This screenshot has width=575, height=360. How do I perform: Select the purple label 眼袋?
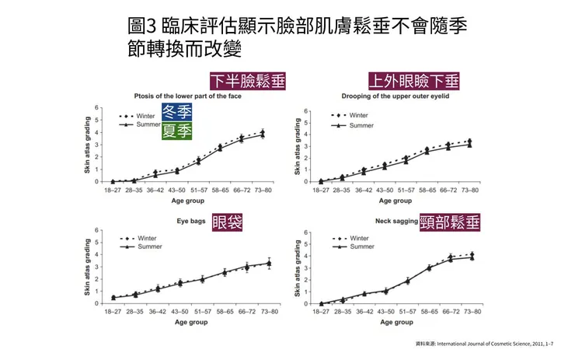(227, 222)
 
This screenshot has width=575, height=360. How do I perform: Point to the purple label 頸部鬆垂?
(449, 222)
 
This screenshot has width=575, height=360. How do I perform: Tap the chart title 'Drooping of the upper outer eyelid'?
(395, 97)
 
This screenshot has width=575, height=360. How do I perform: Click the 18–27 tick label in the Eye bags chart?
(113, 312)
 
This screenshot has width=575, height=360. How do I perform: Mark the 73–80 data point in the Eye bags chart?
(269, 264)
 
